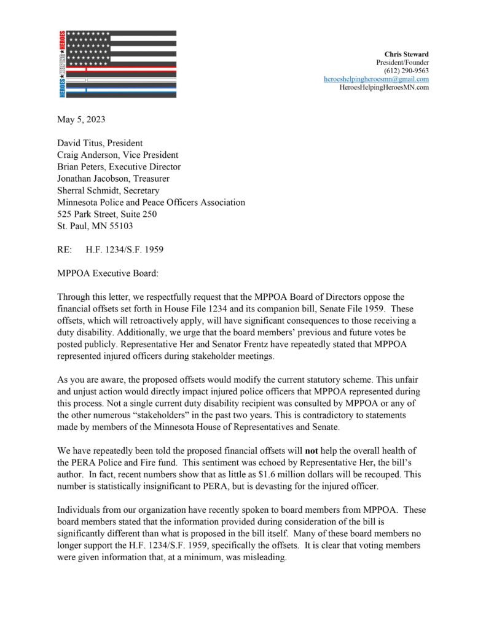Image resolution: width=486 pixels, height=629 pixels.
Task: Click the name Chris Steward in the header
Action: click(406, 54)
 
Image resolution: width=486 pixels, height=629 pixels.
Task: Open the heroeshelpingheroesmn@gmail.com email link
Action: click(376, 79)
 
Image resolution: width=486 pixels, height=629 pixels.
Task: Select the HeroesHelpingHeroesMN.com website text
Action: click(384, 87)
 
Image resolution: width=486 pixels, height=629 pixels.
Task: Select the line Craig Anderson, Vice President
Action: click(117, 155)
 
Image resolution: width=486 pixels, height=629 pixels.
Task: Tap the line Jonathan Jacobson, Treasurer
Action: click(113, 179)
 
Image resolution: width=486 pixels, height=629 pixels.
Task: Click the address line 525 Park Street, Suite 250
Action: click(107, 214)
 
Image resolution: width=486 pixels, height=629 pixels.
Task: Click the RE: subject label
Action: click(65, 250)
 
